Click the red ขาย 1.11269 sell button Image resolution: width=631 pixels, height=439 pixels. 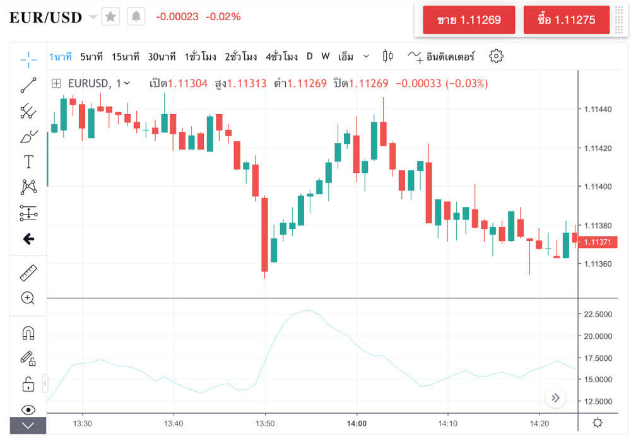tap(469, 20)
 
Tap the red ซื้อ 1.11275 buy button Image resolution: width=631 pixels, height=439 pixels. tap(567, 20)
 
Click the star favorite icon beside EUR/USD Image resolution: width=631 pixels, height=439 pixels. tap(110, 17)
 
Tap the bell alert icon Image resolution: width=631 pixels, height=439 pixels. tap(136, 17)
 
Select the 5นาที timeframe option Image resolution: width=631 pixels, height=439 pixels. tap(91, 57)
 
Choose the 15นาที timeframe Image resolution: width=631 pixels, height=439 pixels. tap(126, 57)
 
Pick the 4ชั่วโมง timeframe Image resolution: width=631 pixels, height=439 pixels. tap(281, 57)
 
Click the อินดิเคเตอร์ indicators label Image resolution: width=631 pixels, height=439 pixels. tap(451, 57)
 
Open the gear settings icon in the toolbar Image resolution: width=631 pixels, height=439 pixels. tap(497, 56)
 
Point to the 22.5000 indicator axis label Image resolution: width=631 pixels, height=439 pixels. tap(598, 314)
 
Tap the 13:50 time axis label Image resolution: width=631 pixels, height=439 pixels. tap(265, 423)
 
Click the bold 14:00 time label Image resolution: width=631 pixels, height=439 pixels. tap(357, 423)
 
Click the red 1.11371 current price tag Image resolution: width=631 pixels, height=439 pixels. tap(598, 242)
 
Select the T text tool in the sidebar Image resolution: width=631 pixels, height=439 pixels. tap(28, 161)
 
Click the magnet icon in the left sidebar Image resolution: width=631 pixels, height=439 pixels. tap(28, 333)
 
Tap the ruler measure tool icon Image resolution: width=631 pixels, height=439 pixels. tap(28, 273)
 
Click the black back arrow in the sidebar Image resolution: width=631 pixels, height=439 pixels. tap(28, 239)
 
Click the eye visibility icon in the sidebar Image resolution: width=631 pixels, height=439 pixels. tap(28, 409)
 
